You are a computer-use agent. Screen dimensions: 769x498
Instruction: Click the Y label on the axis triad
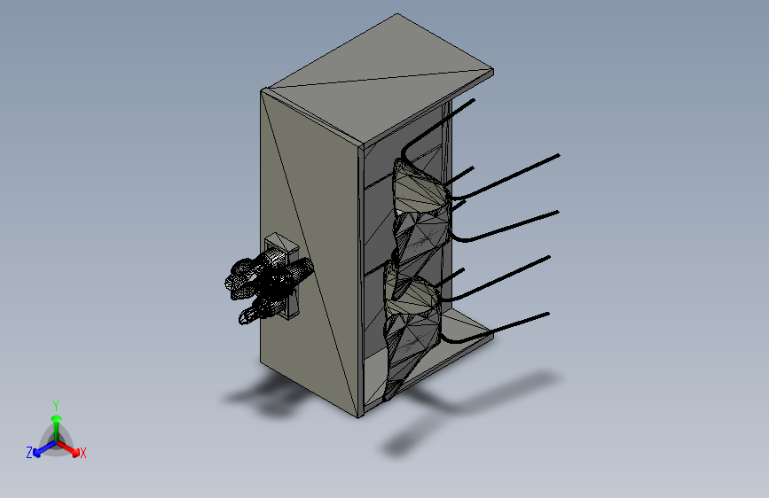(56, 406)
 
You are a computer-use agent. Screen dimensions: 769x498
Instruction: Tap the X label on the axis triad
(82, 453)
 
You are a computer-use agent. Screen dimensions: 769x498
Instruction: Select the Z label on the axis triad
(29, 453)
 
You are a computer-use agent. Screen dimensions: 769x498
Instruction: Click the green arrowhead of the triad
(57, 418)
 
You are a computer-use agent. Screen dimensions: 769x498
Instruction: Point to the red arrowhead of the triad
(75, 451)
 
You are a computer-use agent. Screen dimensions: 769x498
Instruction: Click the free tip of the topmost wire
(474, 100)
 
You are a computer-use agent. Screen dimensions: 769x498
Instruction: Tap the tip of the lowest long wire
(549, 314)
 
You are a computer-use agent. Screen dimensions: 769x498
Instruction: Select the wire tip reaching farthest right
(559, 155)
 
